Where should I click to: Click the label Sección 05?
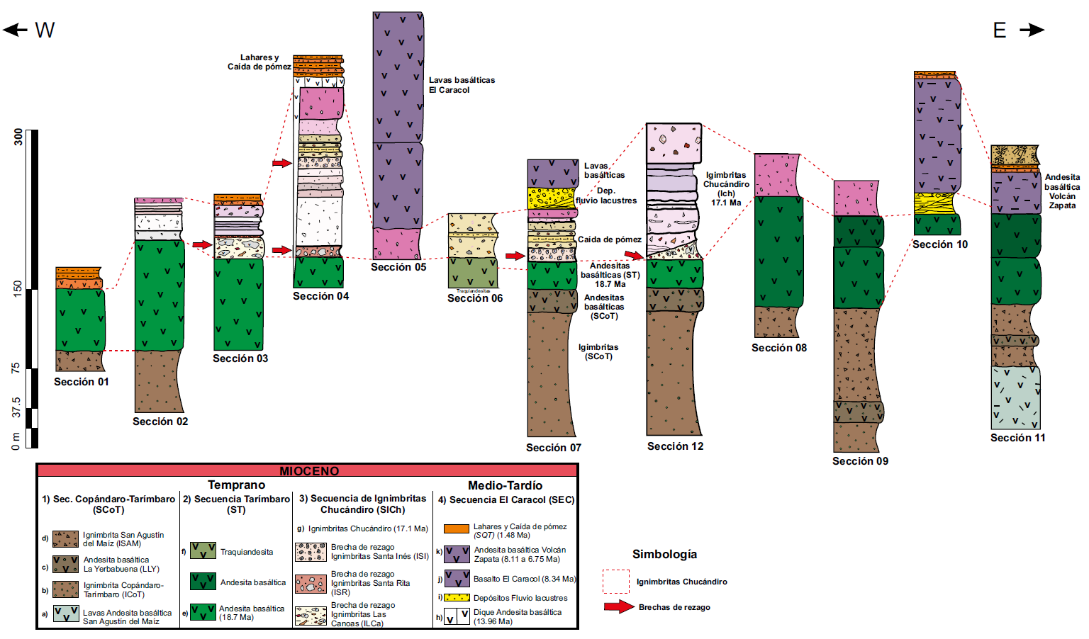coord(398,267)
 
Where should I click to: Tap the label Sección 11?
coord(1017,438)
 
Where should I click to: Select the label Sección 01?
coord(82,382)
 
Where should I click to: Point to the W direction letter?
coord(44,30)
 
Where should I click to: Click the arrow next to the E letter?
coord(1032,30)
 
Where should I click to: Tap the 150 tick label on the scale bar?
coord(17,289)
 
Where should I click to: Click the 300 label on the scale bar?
coord(17,137)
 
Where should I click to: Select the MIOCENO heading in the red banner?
coord(309,471)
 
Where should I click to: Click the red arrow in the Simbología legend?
coord(618,606)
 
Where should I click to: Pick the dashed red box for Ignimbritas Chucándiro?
coord(615,581)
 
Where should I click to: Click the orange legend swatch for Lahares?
coord(457,528)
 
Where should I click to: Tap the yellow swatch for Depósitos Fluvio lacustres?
coord(457,597)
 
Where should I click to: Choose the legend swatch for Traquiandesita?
coord(203,550)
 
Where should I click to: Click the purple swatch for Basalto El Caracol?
coord(457,578)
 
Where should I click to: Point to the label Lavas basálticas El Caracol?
coord(462,85)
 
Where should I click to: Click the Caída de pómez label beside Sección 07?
coord(609,239)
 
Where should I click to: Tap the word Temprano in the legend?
coord(236,485)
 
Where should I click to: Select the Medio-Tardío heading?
coord(505,485)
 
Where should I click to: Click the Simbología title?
coord(664,554)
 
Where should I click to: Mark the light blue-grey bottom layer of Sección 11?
coord(1015,397)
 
